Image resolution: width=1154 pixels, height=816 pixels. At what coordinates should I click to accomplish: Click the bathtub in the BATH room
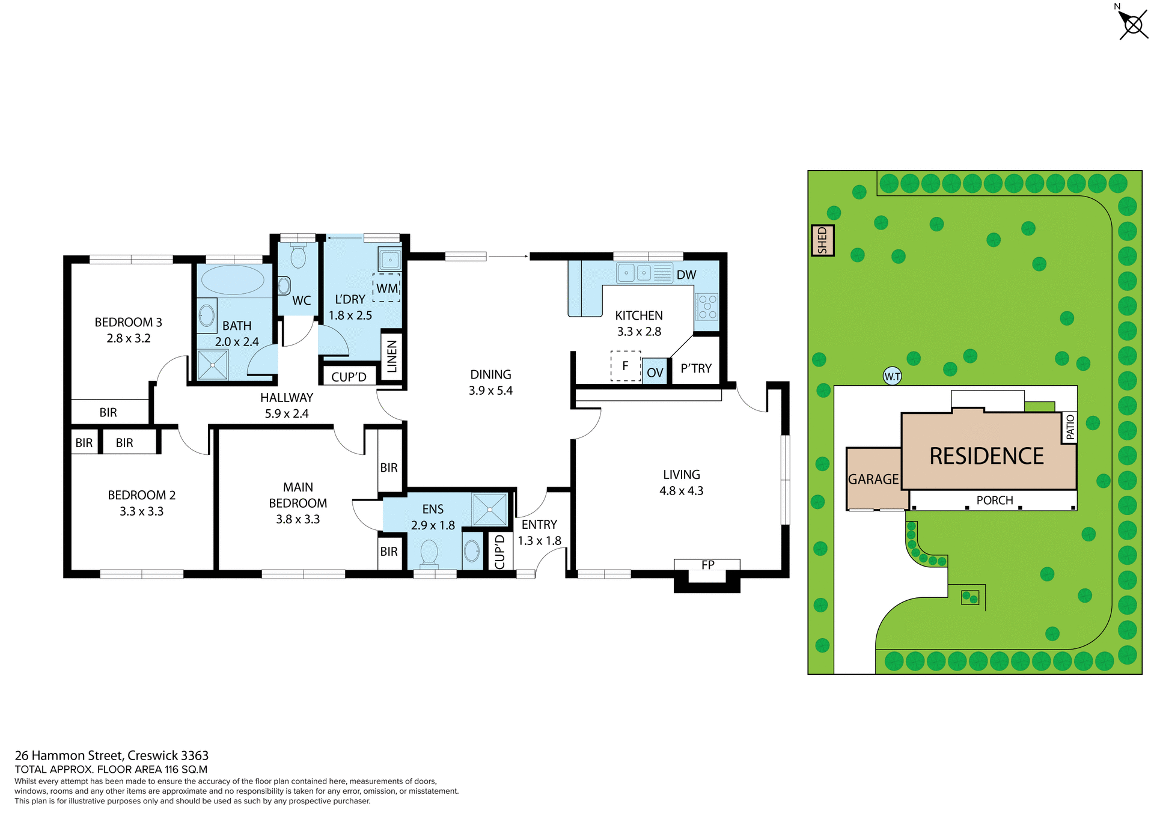[232, 279]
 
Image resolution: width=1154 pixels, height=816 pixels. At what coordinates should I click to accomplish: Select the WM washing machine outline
[386, 288]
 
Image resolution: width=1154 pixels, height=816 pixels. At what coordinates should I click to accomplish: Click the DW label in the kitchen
[686, 275]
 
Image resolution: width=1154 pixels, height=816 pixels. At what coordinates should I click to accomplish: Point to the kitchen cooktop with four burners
[707, 306]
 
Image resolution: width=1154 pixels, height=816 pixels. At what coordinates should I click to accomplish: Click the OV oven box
[655, 373]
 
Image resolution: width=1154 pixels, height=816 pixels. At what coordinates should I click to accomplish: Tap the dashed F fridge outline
[625, 366]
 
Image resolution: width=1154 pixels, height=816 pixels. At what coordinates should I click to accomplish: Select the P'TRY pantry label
[696, 368]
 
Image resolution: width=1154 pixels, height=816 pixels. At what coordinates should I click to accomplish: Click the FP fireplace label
[707, 565]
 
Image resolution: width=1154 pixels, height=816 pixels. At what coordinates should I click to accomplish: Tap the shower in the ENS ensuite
[489, 510]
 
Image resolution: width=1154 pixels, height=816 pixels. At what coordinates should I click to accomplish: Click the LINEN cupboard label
[392, 356]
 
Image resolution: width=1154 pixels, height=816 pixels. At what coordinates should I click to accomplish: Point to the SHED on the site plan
[822, 240]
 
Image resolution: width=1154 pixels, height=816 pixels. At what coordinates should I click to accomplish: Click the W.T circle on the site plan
[892, 377]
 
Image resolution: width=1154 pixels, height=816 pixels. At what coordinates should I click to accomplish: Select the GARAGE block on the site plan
[873, 479]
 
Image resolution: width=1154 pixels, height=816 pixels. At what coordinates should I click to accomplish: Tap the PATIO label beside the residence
[1070, 427]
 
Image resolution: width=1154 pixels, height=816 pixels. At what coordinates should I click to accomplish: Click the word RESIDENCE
[986, 456]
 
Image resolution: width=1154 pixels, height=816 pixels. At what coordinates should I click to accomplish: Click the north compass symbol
[1132, 25]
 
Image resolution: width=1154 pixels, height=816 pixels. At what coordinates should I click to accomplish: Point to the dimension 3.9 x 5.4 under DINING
[490, 391]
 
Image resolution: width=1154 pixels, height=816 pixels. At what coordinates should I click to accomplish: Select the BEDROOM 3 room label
[128, 322]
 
